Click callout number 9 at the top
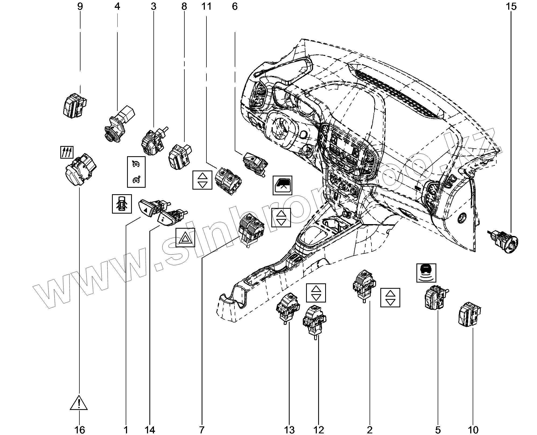coord(80,6)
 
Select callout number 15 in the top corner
coord(511,6)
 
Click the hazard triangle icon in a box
coord(185,238)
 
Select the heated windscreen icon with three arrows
coord(66,153)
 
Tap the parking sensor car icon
coord(426,273)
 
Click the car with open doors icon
coord(122,204)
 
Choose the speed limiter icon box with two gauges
coord(136,172)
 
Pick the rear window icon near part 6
coord(282,185)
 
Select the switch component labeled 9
coord(74,105)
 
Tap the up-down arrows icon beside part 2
coord(390,298)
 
